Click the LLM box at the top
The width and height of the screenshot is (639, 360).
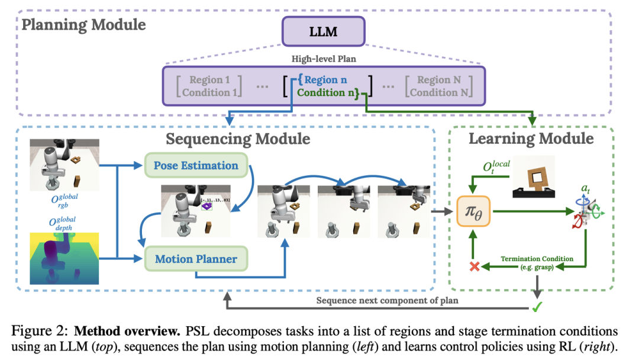coord(324,31)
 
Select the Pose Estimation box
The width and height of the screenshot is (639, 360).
coord(196,166)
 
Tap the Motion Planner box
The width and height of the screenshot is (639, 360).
coord(196,259)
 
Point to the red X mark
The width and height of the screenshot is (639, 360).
coord(473,266)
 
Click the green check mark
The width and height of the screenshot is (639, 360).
coord(537,307)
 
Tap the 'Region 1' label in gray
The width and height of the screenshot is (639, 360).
coord(208,80)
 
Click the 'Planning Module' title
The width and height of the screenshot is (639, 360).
coord(83,24)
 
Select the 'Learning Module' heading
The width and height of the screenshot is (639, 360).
coord(531,139)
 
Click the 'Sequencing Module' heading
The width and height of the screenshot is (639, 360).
coord(238,139)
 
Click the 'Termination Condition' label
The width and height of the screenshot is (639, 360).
coord(537,259)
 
